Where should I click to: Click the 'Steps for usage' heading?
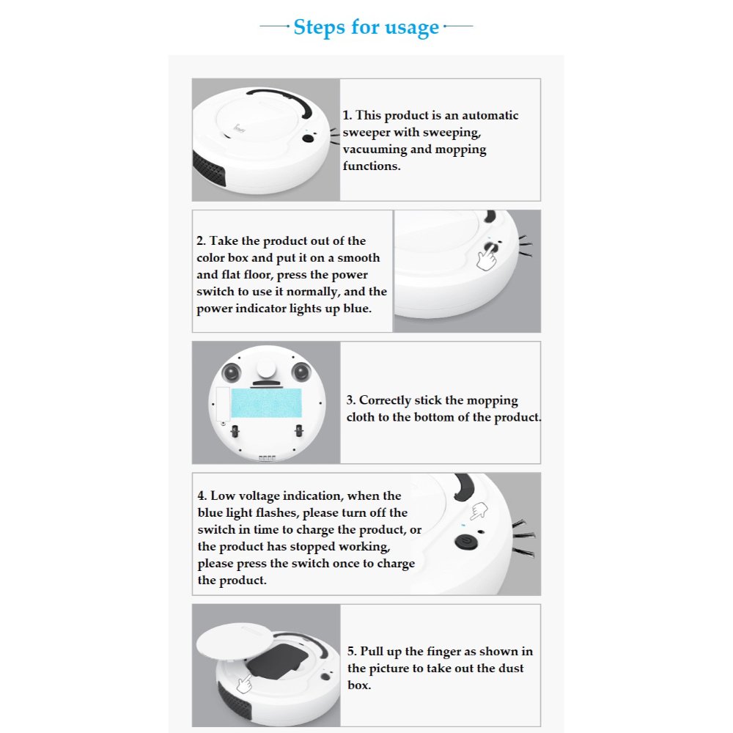(x=366, y=27)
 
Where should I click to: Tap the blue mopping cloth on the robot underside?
(x=267, y=403)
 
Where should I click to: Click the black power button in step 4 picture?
(x=466, y=542)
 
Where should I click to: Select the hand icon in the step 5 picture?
(x=244, y=684)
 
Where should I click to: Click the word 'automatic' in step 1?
(x=490, y=116)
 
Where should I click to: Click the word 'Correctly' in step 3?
(x=385, y=401)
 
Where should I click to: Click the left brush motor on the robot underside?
(x=232, y=372)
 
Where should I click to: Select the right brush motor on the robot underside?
(x=301, y=372)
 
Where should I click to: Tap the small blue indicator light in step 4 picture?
(x=463, y=525)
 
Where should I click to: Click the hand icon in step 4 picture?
(x=479, y=511)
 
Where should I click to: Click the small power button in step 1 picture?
(x=308, y=139)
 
